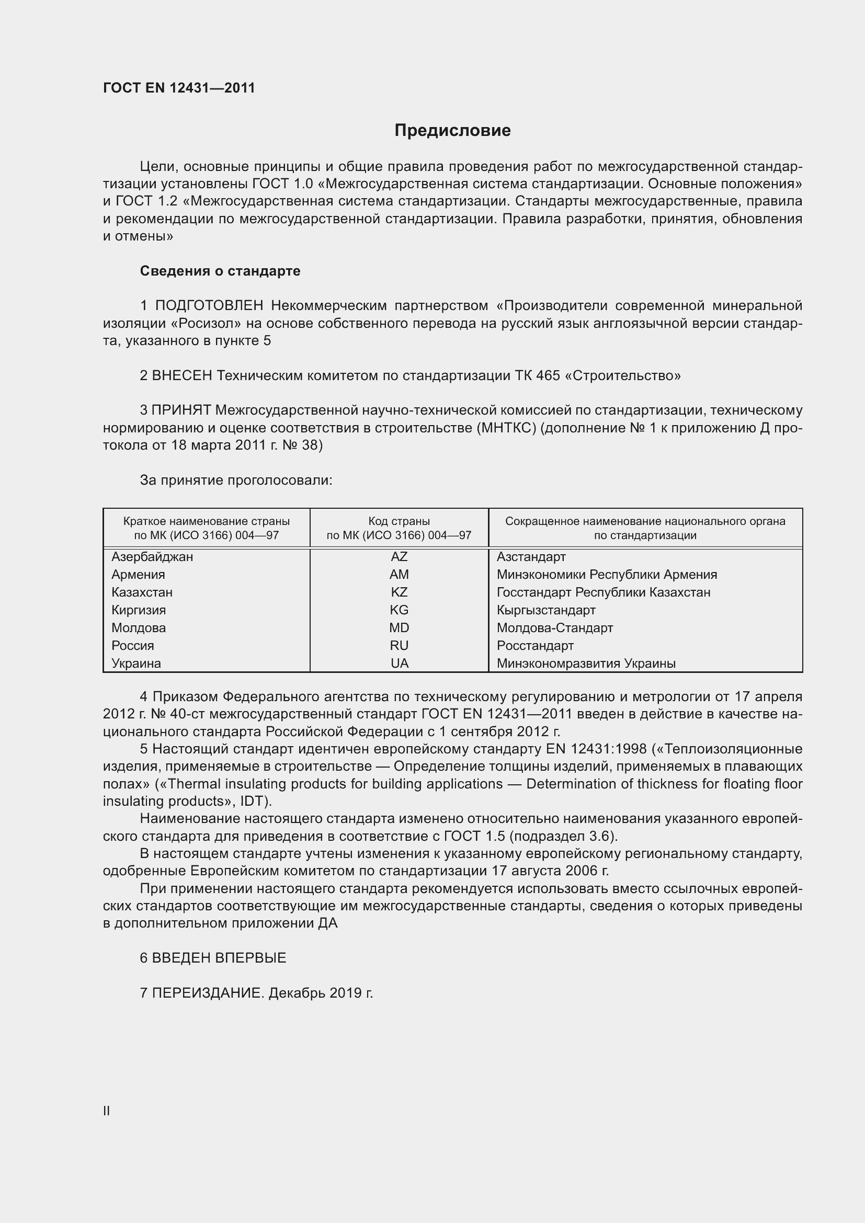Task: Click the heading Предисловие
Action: click(452, 131)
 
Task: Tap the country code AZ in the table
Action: click(399, 557)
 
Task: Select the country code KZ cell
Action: click(399, 592)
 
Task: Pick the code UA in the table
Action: click(399, 663)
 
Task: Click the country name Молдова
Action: click(139, 628)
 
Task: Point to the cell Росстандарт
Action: click(535, 646)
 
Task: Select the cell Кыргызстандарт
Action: click(546, 610)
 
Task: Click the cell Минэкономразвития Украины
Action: click(586, 663)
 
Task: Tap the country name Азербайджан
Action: click(152, 557)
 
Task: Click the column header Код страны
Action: click(399, 521)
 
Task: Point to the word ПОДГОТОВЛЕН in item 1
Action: click(209, 306)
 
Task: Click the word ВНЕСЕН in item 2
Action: click(182, 376)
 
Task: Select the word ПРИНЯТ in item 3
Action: click(181, 410)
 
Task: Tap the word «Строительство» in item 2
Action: click(622, 376)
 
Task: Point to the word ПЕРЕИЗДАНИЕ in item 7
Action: click(208, 993)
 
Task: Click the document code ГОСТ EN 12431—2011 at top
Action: click(179, 88)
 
